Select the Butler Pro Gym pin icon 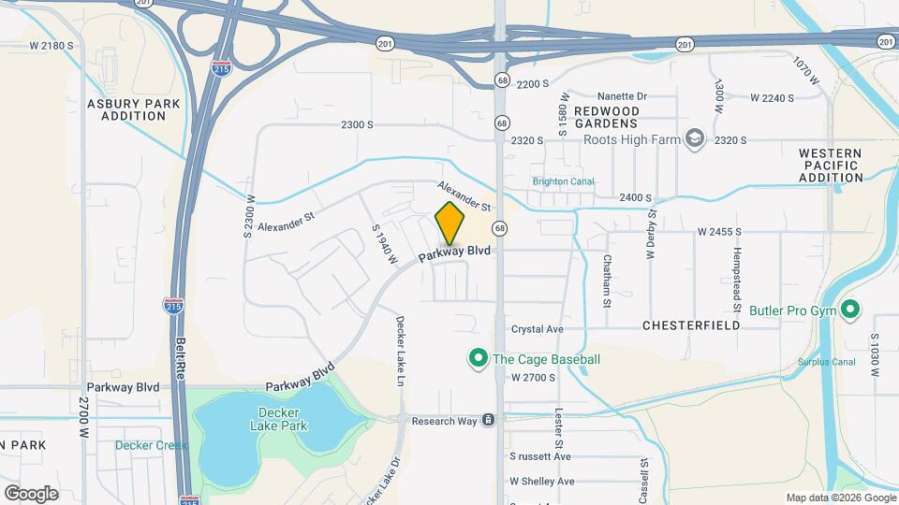coord(850,310)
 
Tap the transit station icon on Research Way coord(488,421)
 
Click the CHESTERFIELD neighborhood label coord(691,325)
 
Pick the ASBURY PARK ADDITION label coord(126,109)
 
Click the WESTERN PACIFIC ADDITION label coord(831,165)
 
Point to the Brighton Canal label coord(563,182)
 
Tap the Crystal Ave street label coord(537,329)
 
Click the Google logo coord(31,493)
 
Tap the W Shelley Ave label coord(541,481)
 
